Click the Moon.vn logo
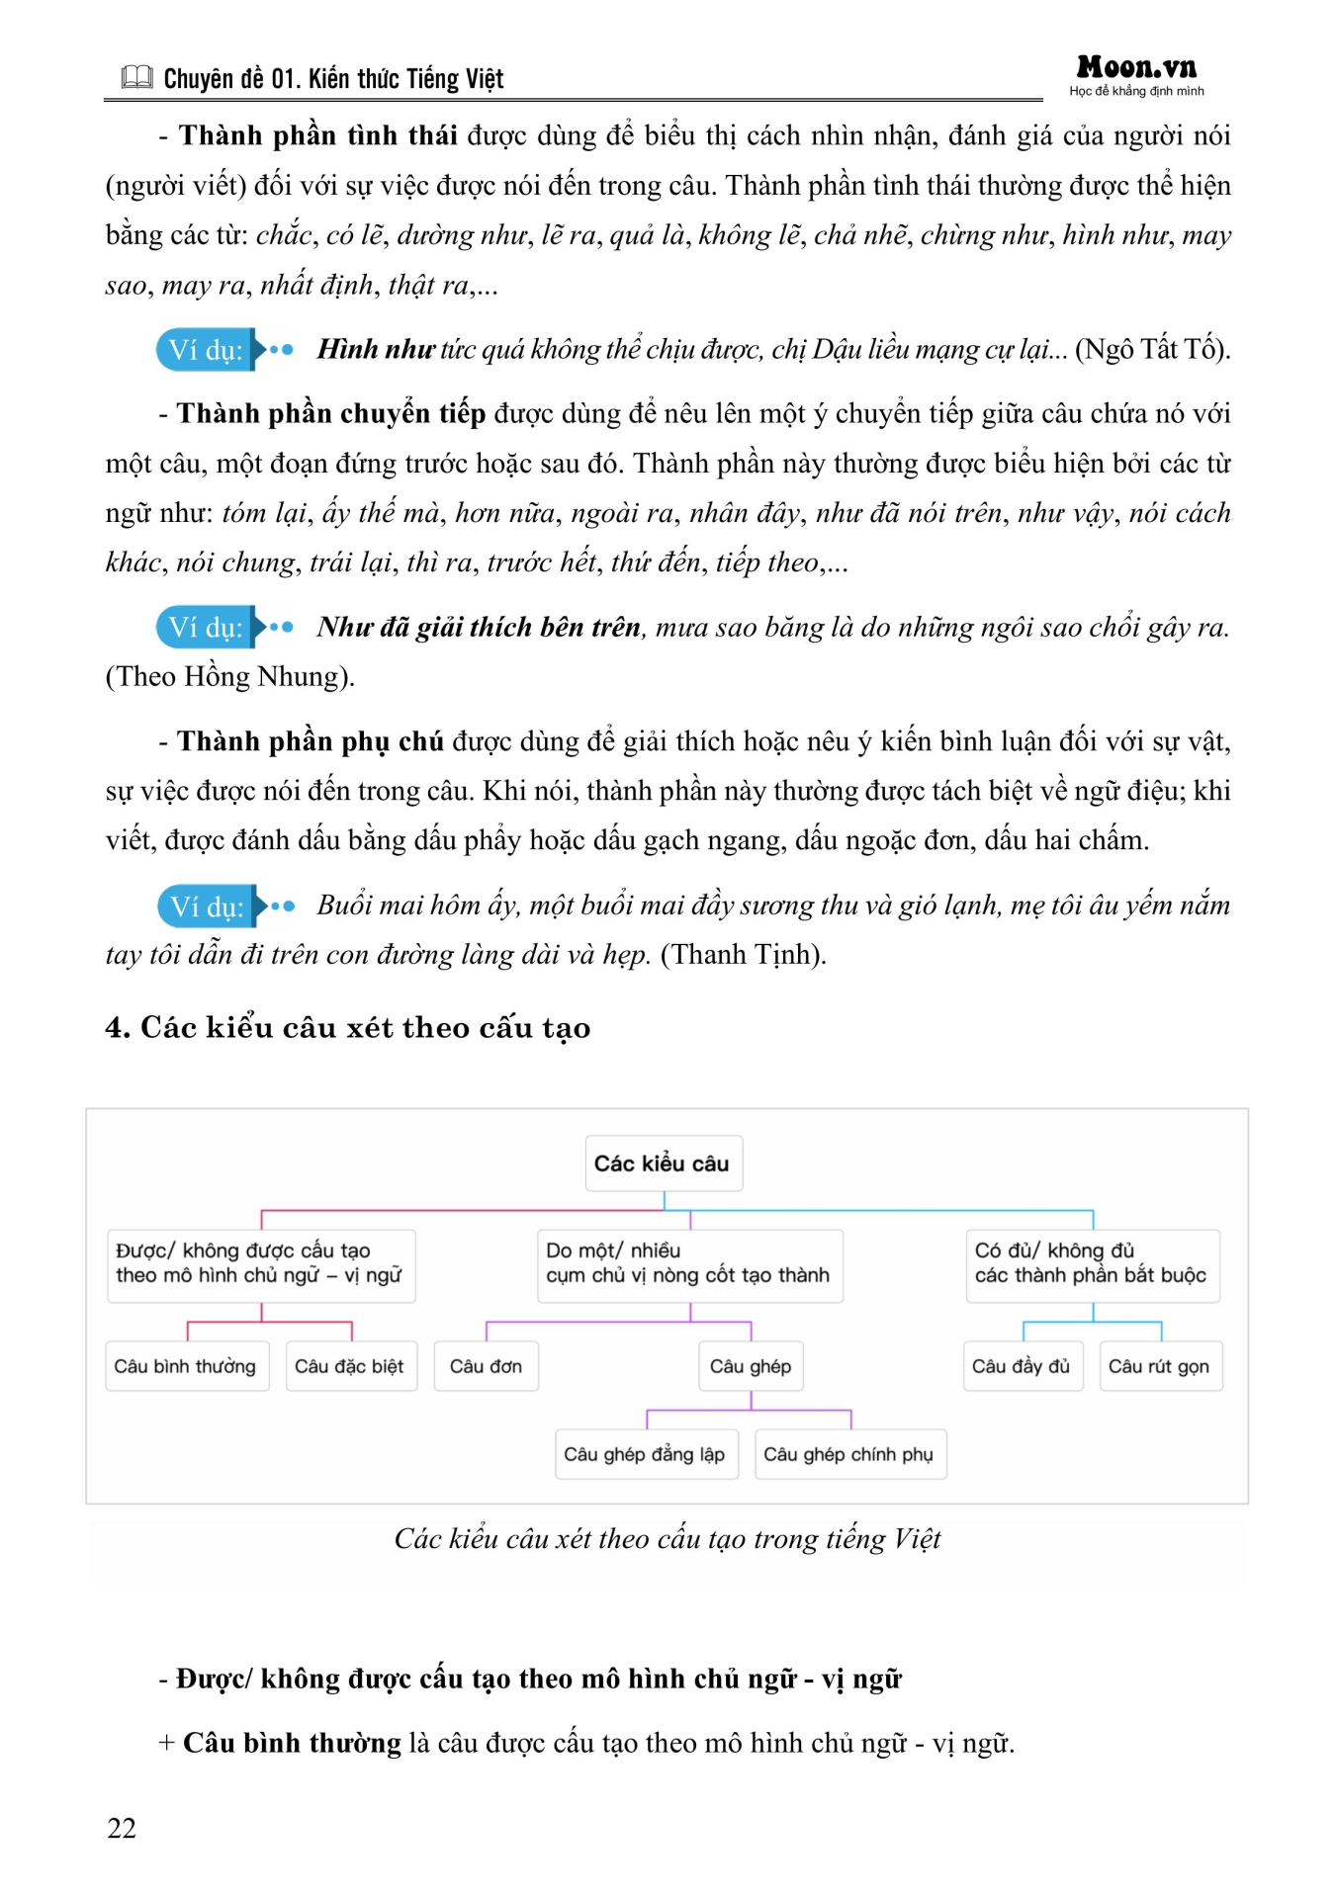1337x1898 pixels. pos(1136,68)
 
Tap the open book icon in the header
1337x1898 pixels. pos(136,77)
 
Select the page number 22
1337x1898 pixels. pos(122,1828)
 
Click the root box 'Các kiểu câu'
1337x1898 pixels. pos(663,1164)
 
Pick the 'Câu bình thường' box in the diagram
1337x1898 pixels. pos(186,1366)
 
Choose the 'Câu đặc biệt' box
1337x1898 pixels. pos(350,1366)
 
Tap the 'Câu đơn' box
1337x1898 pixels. pos(486,1366)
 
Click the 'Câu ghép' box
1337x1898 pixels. pos(751,1366)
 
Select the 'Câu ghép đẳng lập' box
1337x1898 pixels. pos(645,1454)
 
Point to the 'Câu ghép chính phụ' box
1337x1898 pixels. pos(848,1454)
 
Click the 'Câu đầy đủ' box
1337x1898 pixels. pos(1022,1366)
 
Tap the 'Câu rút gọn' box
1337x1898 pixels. pos(1159,1366)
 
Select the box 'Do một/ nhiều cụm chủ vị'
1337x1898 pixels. pos(689,1263)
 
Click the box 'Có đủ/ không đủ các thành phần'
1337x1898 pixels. pos(1091,1263)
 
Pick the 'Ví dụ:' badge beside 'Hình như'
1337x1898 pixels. pos(206,350)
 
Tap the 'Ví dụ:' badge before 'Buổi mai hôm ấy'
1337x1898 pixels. pos(207,906)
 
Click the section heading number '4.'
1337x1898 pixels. pos(118,1028)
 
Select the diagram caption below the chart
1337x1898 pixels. pos(668,1539)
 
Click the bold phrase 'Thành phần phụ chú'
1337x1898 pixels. pos(310,741)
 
